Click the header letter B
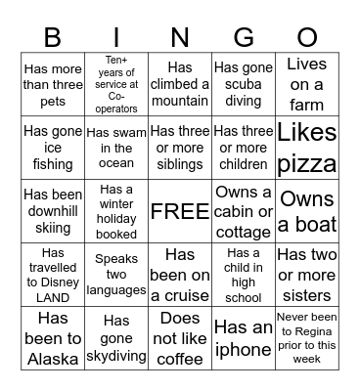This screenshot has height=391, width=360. click(53, 36)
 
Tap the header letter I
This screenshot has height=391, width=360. click(116, 36)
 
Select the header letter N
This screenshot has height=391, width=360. click(180, 36)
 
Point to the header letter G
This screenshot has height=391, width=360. click(244, 36)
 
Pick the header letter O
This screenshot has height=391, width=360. click(307, 36)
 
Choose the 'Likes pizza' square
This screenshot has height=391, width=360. click(307, 148)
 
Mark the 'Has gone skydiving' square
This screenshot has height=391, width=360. click(116, 334)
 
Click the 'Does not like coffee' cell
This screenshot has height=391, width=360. click(180, 334)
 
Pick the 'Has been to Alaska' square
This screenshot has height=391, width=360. click(53, 334)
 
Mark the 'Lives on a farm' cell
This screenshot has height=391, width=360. click(307, 83)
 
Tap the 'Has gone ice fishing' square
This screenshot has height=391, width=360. click(53, 148)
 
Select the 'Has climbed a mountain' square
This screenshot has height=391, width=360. click(180, 83)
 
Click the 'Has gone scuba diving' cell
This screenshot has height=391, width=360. click(244, 83)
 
